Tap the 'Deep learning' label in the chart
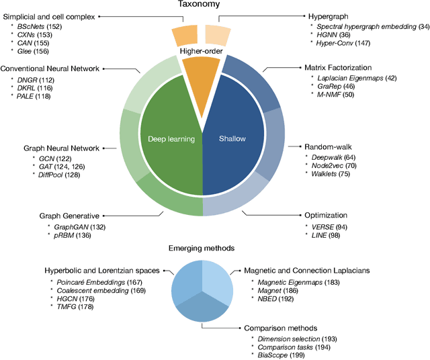(x=171, y=139)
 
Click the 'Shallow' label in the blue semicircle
(x=232, y=139)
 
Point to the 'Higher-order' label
(x=202, y=52)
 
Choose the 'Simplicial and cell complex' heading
(x=50, y=15)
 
